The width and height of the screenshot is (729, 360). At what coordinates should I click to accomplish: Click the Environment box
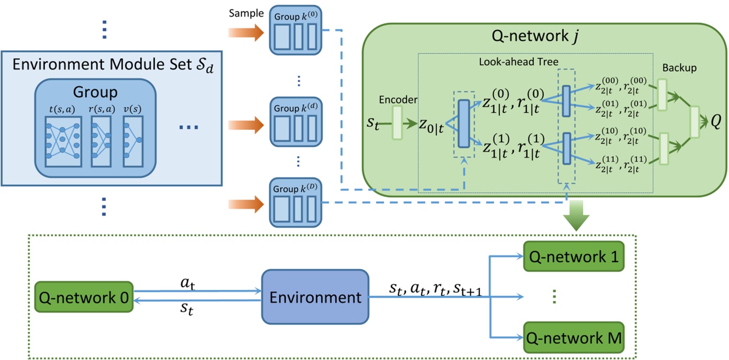(x=315, y=298)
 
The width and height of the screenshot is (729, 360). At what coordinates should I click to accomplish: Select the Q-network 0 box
(x=83, y=297)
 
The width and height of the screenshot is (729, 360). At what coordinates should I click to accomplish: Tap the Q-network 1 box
(x=574, y=257)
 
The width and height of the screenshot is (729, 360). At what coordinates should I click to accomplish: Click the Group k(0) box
(x=295, y=31)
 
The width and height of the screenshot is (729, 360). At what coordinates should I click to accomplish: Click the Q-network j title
(x=547, y=38)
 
